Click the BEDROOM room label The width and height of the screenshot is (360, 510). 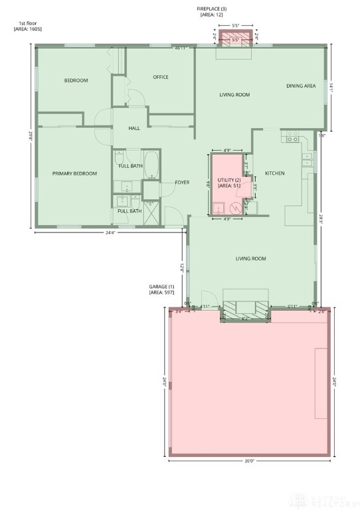(x=76, y=80)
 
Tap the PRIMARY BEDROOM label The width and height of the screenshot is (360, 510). (x=74, y=173)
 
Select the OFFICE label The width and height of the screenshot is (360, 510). (x=160, y=77)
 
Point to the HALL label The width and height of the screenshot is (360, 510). (x=134, y=128)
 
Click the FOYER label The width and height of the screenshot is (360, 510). (x=182, y=183)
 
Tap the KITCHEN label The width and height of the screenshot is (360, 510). (x=274, y=173)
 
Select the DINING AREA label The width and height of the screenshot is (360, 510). (x=300, y=86)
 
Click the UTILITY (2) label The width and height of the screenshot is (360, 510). (x=228, y=179)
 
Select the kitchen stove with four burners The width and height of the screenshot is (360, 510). (x=291, y=138)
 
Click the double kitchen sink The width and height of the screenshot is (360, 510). (x=307, y=159)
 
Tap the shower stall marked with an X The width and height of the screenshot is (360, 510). (x=151, y=212)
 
